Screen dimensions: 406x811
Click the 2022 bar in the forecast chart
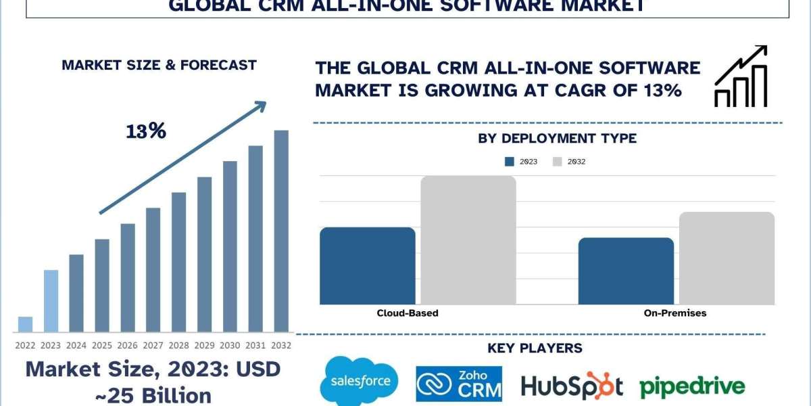(25, 325)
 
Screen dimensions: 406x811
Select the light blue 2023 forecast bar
(51, 301)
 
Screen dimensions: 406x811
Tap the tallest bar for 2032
(281, 231)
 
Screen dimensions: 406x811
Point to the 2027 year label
(153, 345)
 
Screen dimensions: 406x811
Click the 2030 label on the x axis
(230, 345)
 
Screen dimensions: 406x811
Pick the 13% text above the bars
(146, 131)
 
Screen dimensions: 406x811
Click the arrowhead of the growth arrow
(260, 107)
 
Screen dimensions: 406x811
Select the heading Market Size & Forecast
(159, 66)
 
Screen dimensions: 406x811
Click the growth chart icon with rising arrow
(741, 76)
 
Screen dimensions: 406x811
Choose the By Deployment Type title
(557, 139)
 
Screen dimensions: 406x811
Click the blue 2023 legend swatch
(510, 162)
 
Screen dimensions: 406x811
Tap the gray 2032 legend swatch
(558, 162)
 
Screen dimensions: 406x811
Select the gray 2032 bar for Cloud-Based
(468, 240)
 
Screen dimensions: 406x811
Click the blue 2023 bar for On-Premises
(626, 271)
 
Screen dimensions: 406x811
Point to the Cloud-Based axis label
(407, 313)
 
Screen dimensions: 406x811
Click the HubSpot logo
(572, 386)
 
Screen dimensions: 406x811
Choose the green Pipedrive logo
(692, 386)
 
